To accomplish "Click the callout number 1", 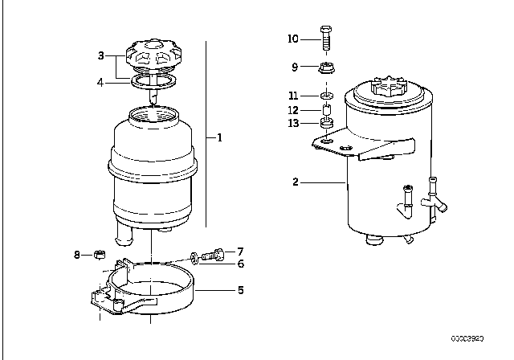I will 219,137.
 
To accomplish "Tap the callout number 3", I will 101,55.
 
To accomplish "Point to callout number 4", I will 101,80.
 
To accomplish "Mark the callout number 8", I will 78,256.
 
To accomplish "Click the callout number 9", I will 295,67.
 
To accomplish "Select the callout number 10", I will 293,38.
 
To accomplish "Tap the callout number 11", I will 293,96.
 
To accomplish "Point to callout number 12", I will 293,109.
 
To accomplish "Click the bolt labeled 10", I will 327,37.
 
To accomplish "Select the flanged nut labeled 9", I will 327,67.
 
